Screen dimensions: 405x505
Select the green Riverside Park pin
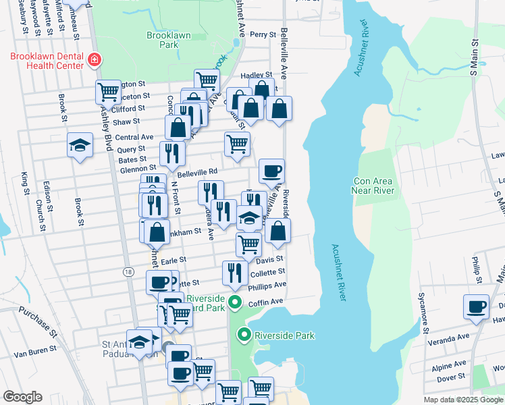tap(244, 335)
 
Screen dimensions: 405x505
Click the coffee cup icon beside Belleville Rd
tap(271, 171)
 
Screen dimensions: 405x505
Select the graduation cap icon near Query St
tap(80, 144)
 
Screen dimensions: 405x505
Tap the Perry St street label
tap(263, 34)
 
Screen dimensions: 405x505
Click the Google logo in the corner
tap(22, 397)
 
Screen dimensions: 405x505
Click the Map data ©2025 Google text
tap(463, 400)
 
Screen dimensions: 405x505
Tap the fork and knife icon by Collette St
tap(234, 273)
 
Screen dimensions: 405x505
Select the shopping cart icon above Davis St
tap(248, 244)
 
